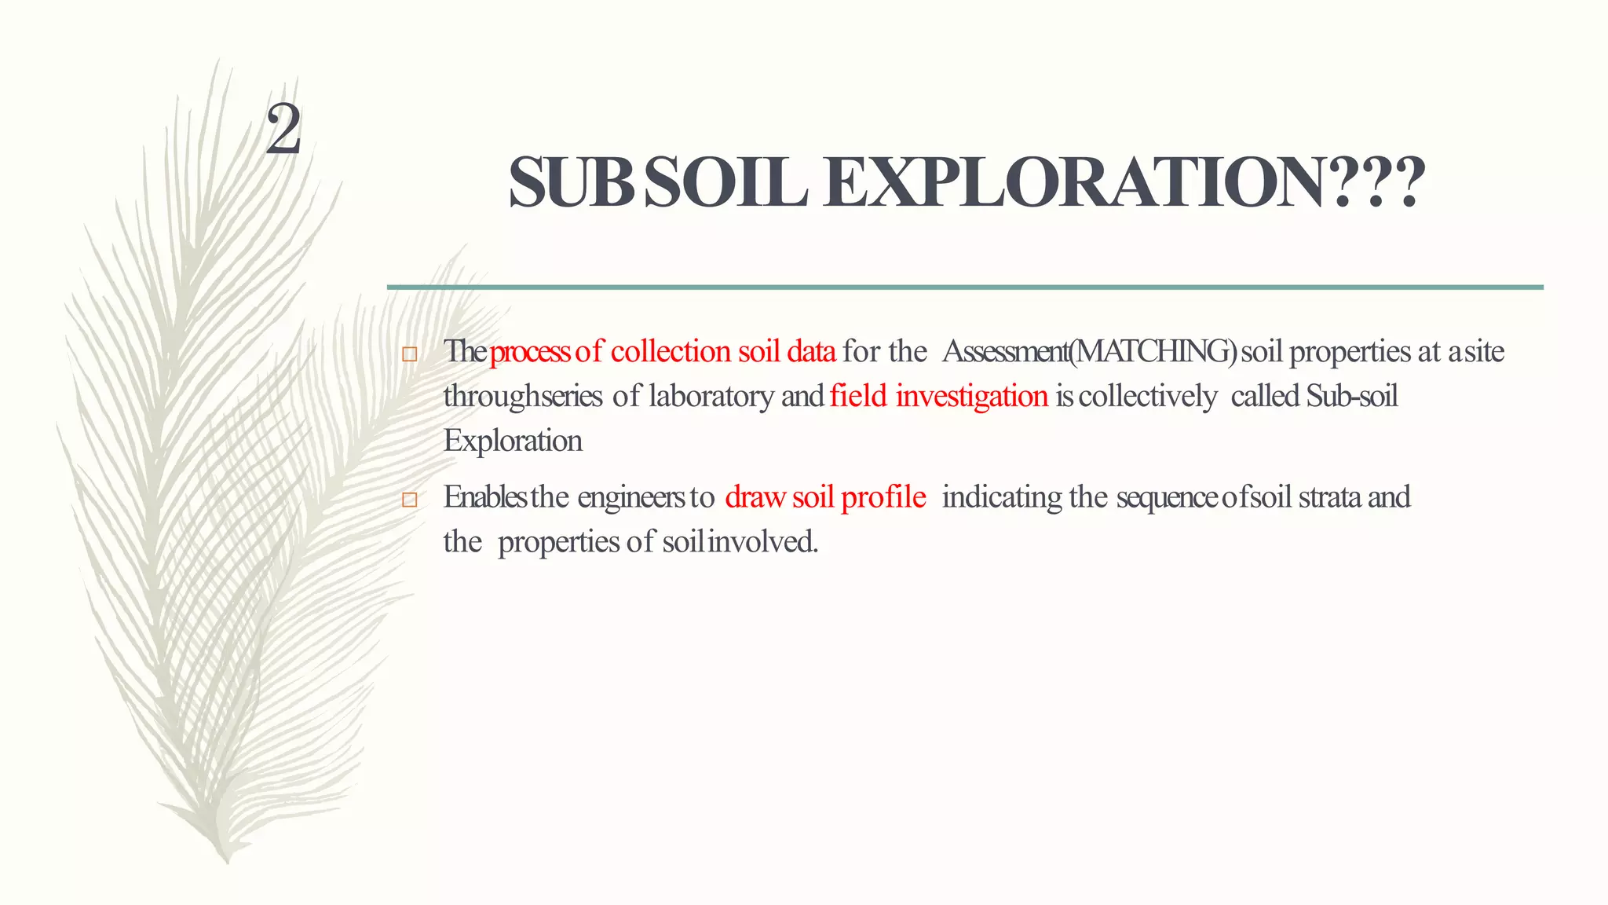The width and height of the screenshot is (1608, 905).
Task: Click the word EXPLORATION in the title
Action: point(1124,182)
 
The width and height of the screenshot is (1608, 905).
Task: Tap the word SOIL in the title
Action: point(727,182)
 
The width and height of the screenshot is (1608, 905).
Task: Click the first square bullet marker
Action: point(409,354)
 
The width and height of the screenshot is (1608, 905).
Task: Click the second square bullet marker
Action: point(409,500)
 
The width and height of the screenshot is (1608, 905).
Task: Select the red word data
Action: point(811,351)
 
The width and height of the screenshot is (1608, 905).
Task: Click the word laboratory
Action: point(711,396)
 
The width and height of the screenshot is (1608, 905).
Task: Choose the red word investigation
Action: point(971,397)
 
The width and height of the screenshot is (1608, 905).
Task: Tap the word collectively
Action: point(1148,396)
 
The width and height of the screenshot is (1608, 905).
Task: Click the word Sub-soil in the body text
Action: point(1352,396)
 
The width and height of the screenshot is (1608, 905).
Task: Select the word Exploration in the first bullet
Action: point(513,441)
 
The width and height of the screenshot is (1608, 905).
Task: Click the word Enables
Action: point(484,496)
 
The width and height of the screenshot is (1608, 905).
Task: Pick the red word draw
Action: point(755,496)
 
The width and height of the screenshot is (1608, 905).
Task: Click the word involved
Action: point(762,541)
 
